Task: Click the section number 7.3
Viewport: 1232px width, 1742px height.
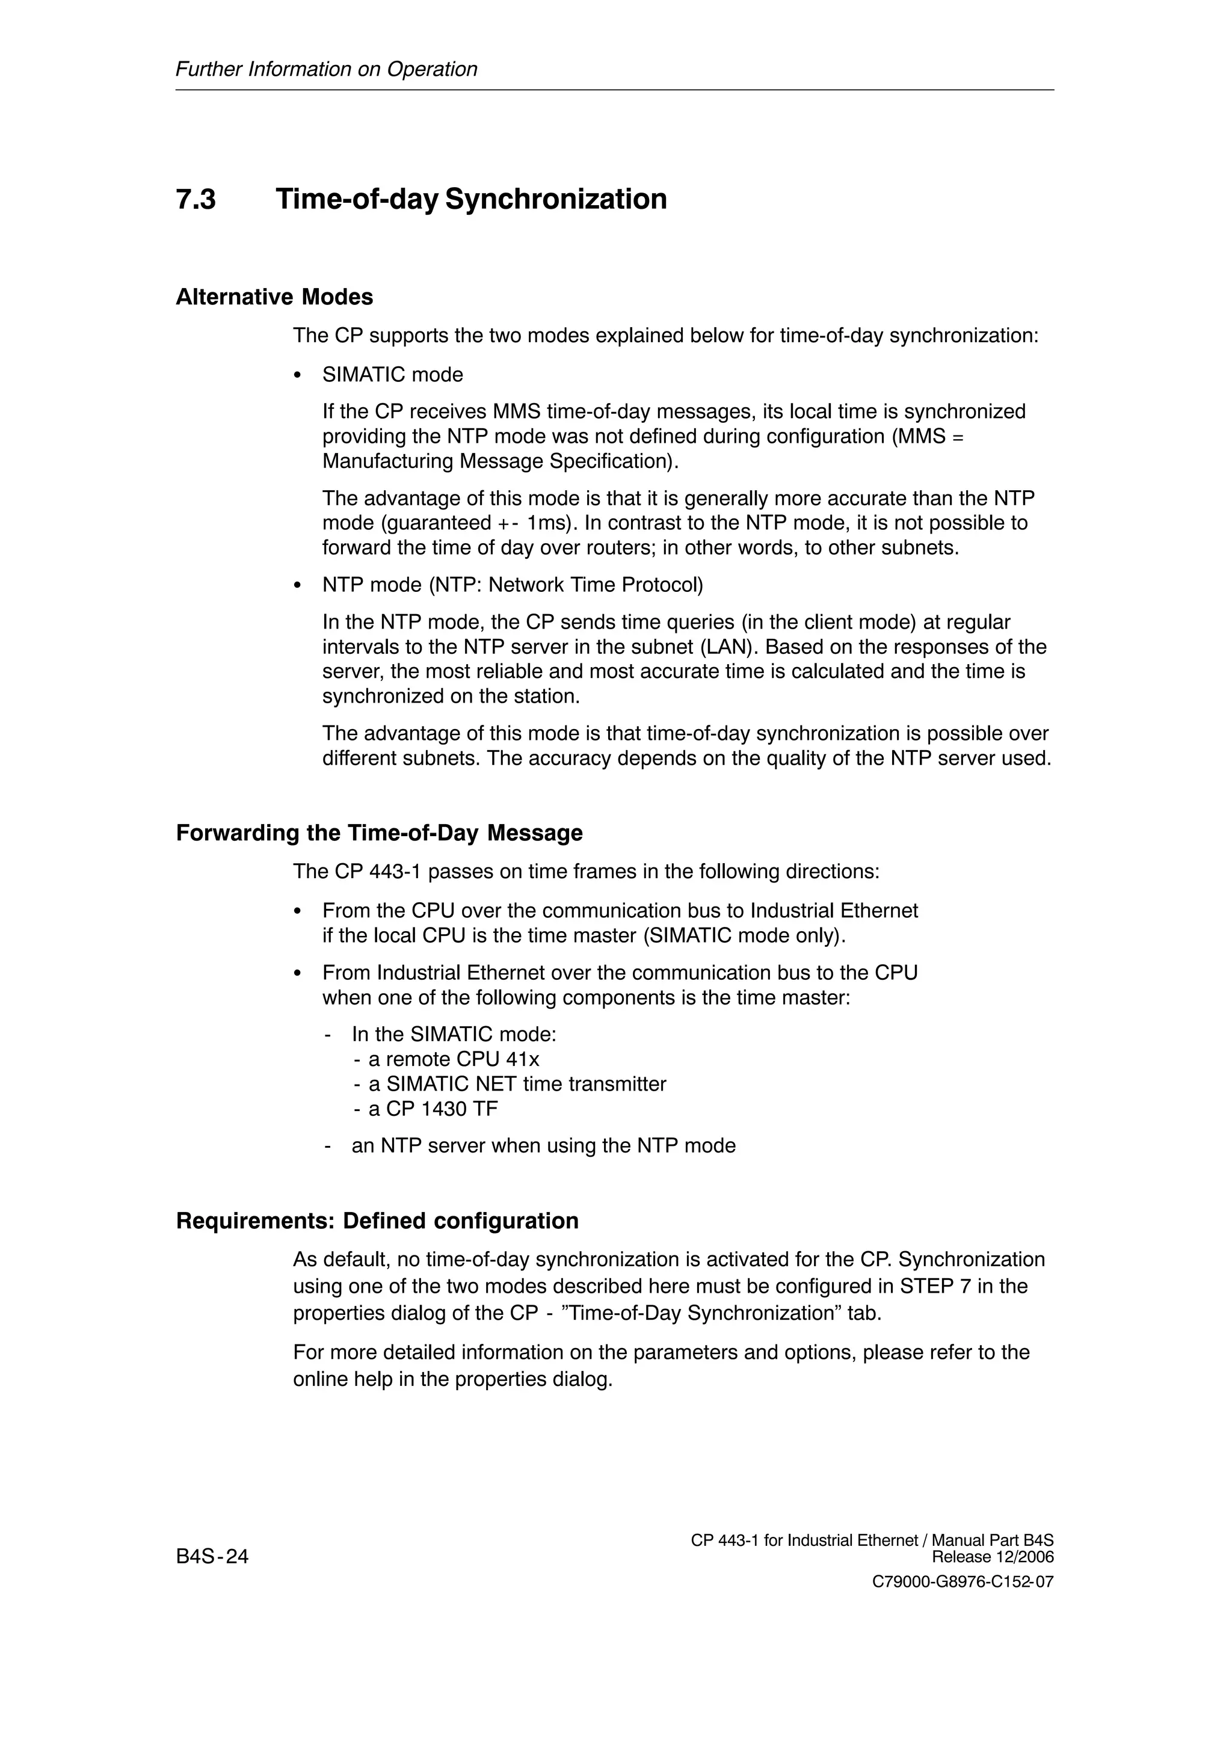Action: (196, 200)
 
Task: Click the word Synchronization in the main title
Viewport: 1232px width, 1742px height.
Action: (556, 200)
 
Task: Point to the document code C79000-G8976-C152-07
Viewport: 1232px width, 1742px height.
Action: (962, 1583)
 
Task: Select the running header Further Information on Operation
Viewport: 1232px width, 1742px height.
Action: (326, 69)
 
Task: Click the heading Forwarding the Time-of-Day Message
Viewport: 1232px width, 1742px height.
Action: (380, 833)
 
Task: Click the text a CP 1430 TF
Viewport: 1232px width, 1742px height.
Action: (433, 1109)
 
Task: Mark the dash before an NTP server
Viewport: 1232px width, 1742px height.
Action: (328, 1146)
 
